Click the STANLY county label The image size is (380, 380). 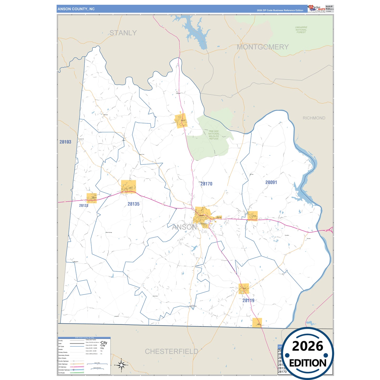(123, 33)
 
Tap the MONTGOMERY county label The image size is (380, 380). (262, 47)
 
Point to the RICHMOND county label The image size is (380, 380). (314, 118)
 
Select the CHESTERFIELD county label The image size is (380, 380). (171, 351)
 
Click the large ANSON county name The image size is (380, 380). (184, 227)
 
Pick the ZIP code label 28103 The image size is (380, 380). (65, 142)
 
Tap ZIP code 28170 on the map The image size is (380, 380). (206, 184)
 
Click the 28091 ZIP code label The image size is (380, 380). (271, 182)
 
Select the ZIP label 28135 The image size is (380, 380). (133, 204)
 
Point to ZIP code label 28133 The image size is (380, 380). (84, 205)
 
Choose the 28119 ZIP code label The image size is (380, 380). (248, 300)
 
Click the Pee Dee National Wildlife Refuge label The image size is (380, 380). (214, 135)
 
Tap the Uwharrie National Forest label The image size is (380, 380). (301, 30)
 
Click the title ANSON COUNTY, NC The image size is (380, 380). (76, 9)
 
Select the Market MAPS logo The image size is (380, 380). (316, 8)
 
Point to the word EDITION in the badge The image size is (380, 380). (308, 363)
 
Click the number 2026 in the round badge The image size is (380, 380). (307, 346)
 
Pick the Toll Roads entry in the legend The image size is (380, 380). (62, 373)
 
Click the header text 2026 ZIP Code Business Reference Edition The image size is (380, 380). (280, 11)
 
